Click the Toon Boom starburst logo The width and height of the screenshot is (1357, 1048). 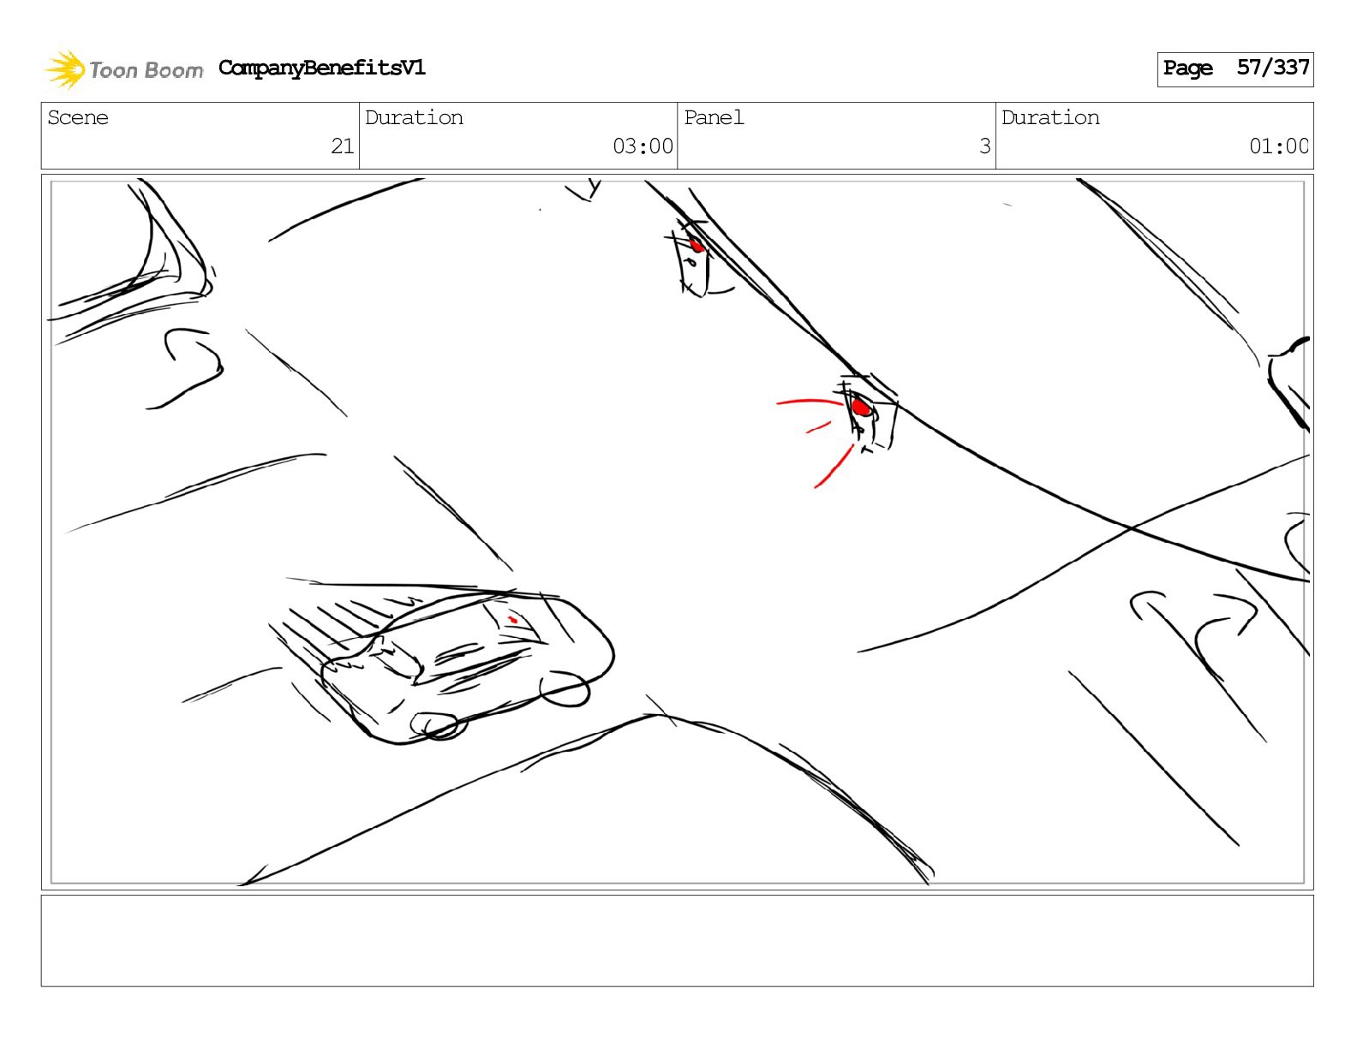(x=64, y=69)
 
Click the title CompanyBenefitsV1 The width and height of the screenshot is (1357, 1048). (x=321, y=68)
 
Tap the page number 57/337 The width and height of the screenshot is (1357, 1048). (x=1273, y=68)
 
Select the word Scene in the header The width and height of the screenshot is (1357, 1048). (x=78, y=117)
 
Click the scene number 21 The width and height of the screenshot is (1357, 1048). (x=342, y=146)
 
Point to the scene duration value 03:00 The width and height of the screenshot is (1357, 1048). (x=643, y=146)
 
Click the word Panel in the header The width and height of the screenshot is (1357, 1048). (x=714, y=117)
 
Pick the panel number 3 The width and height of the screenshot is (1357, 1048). (x=985, y=146)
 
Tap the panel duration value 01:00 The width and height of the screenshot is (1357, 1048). (x=1278, y=146)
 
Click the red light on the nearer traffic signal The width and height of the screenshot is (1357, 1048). (x=861, y=408)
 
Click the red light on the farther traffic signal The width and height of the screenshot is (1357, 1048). (x=696, y=245)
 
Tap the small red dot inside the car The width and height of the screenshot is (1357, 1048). (x=513, y=620)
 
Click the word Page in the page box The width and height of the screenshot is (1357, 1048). (x=1187, y=68)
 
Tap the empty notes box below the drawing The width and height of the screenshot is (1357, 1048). (x=678, y=941)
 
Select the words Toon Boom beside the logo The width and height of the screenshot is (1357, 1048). (x=146, y=70)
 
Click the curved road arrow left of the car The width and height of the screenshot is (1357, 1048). (x=185, y=367)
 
